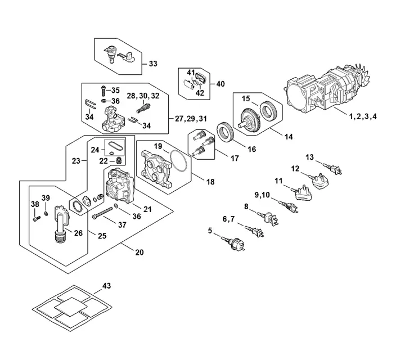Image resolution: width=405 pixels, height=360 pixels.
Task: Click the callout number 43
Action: coord(107,286)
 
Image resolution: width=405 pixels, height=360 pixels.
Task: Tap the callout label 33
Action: coord(153,64)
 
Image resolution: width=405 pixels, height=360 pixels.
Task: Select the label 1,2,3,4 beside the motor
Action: coord(363,116)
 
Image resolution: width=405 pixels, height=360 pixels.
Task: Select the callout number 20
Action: coord(139,253)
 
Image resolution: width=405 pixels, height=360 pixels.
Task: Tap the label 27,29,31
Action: coord(191,118)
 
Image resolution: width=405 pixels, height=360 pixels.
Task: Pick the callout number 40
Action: coord(220,84)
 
